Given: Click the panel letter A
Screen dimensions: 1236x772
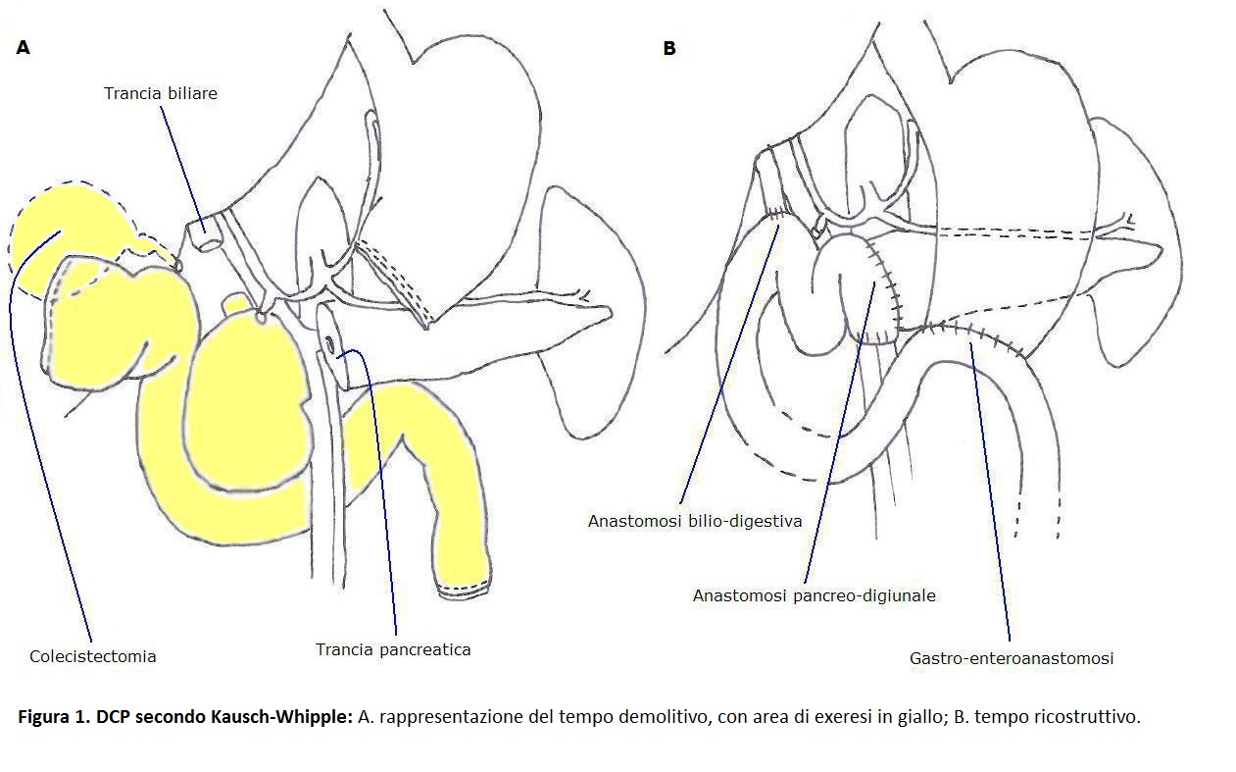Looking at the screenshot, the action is tap(24, 48).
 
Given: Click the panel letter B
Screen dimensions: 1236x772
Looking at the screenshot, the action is tap(669, 49).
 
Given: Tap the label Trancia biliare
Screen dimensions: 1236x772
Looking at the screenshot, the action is tap(161, 93).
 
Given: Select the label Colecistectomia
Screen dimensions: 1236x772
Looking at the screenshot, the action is tap(93, 656).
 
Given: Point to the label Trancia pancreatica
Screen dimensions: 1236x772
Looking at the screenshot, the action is tap(393, 649).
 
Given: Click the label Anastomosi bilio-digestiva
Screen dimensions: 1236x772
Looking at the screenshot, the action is tap(695, 521).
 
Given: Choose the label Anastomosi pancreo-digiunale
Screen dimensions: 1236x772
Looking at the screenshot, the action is tap(814, 595).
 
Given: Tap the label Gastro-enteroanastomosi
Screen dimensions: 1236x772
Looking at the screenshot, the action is tap(1012, 658).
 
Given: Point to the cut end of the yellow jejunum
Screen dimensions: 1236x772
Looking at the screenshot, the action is tap(464, 589).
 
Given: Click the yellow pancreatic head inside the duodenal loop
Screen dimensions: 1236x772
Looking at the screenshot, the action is tap(243, 397).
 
